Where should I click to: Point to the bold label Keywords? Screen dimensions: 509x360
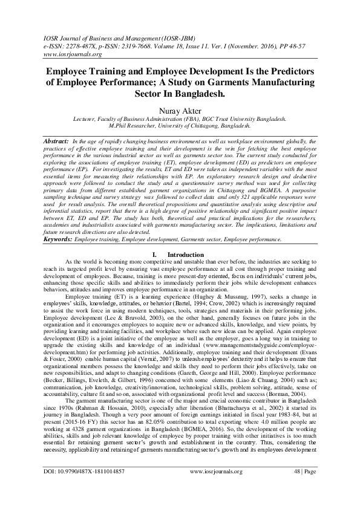tap(57, 223)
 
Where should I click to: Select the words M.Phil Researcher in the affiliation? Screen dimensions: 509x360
tap(133, 126)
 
